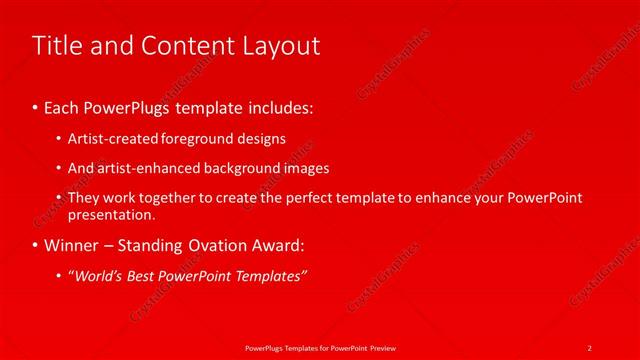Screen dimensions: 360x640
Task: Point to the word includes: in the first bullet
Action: (x=281, y=105)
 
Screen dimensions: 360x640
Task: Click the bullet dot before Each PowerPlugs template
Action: (x=36, y=105)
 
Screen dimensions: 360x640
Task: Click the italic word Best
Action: (x=140, y=276)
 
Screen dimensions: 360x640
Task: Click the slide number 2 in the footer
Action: (x=590, y=347)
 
